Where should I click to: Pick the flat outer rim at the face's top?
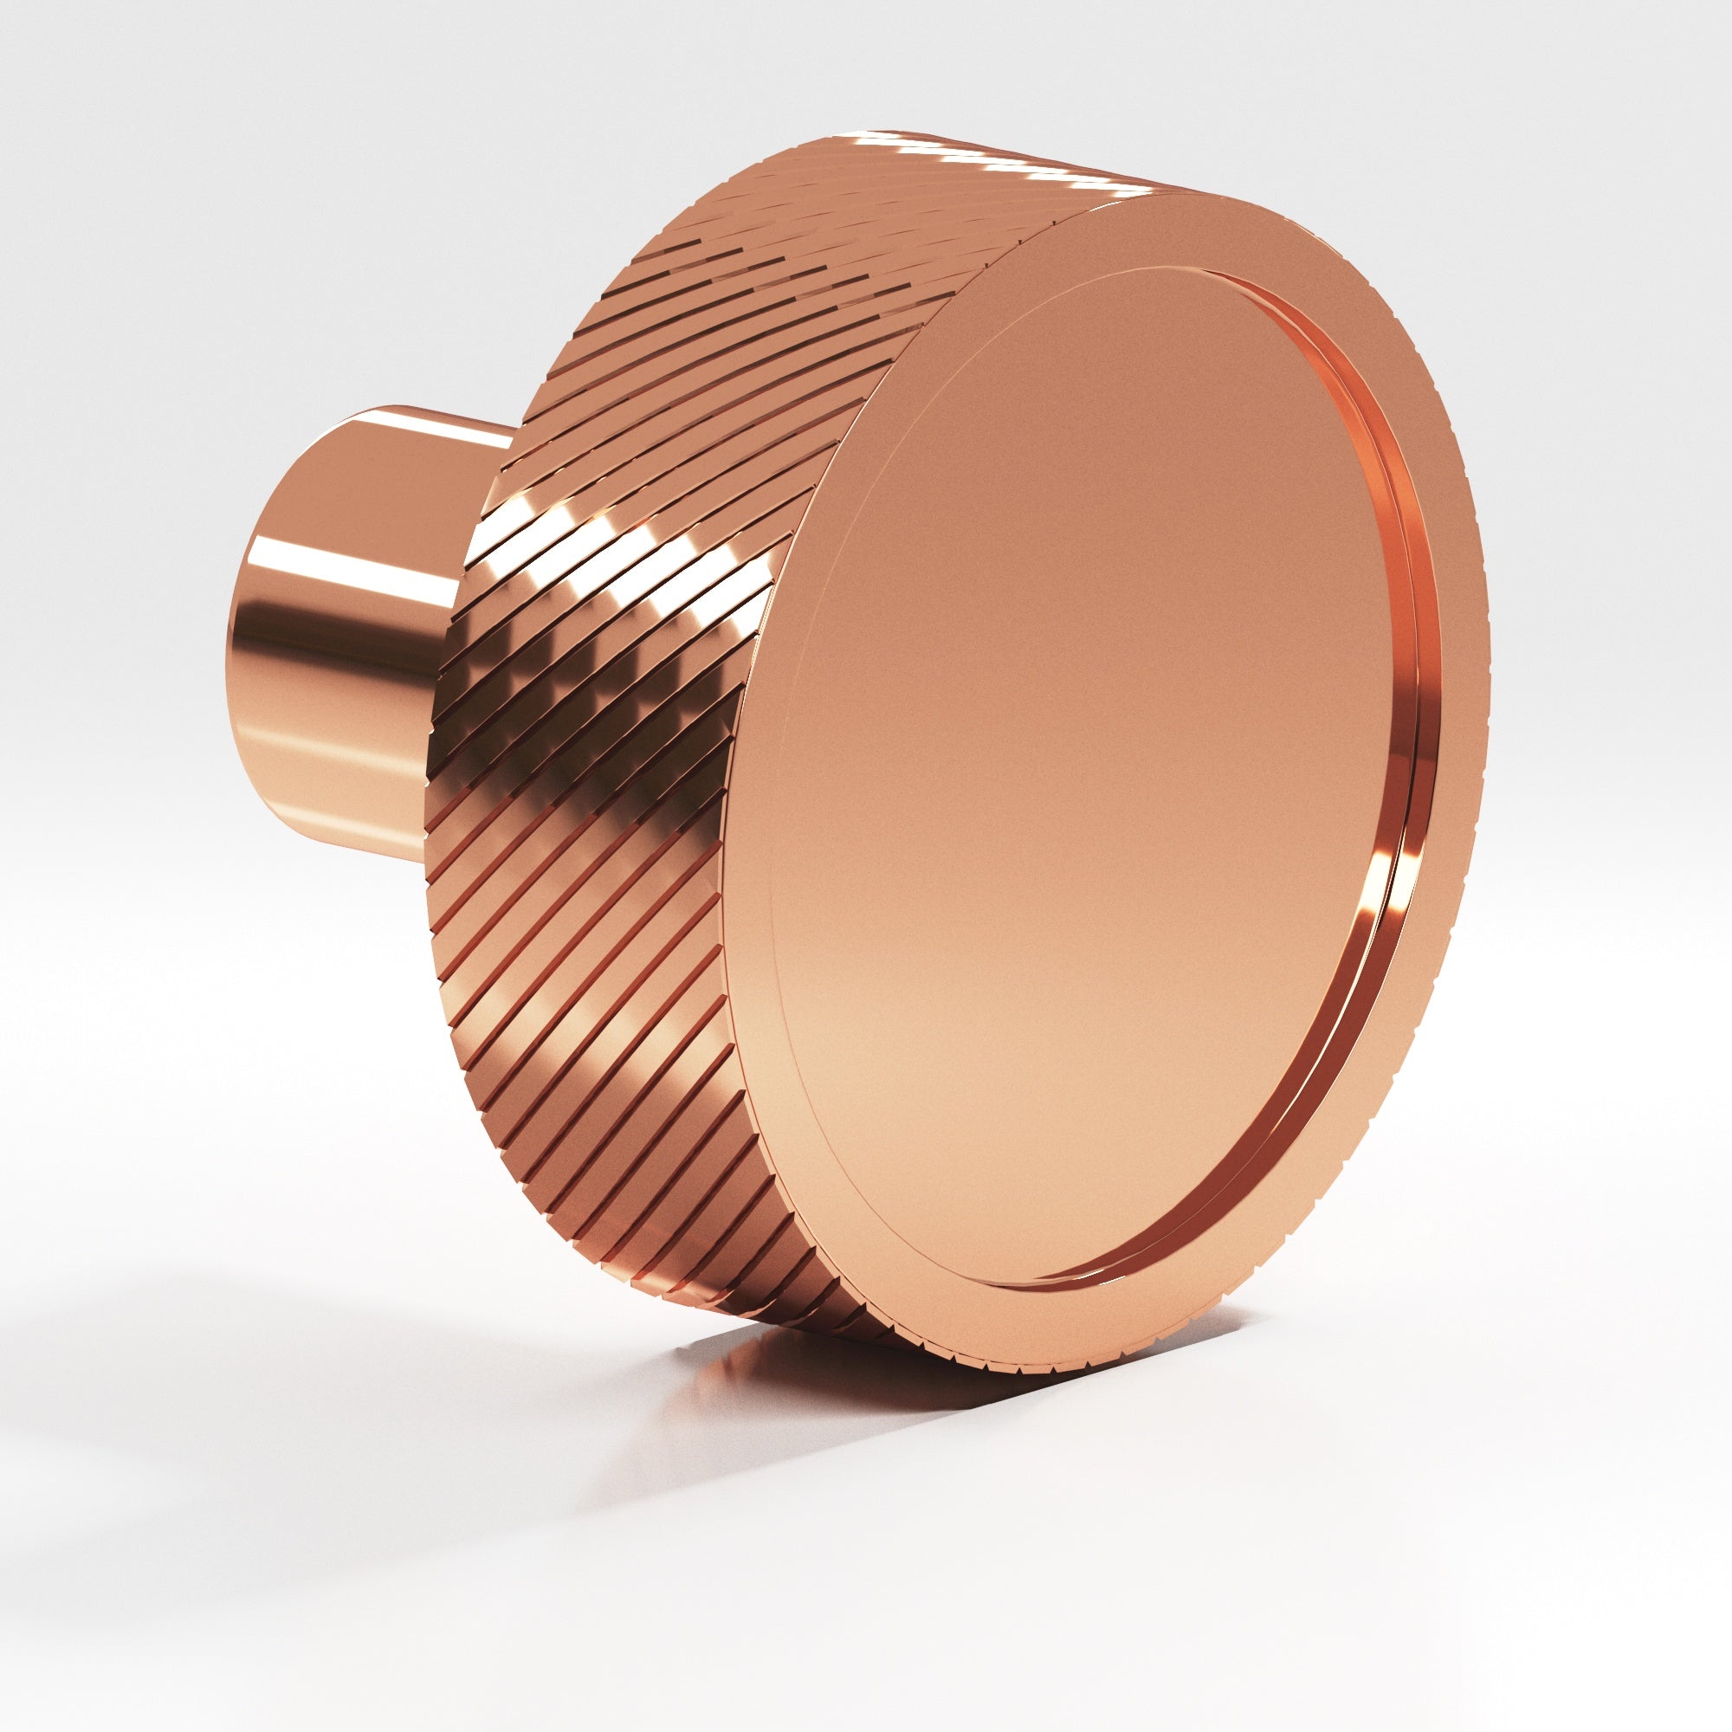click(x=1166, y=224)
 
